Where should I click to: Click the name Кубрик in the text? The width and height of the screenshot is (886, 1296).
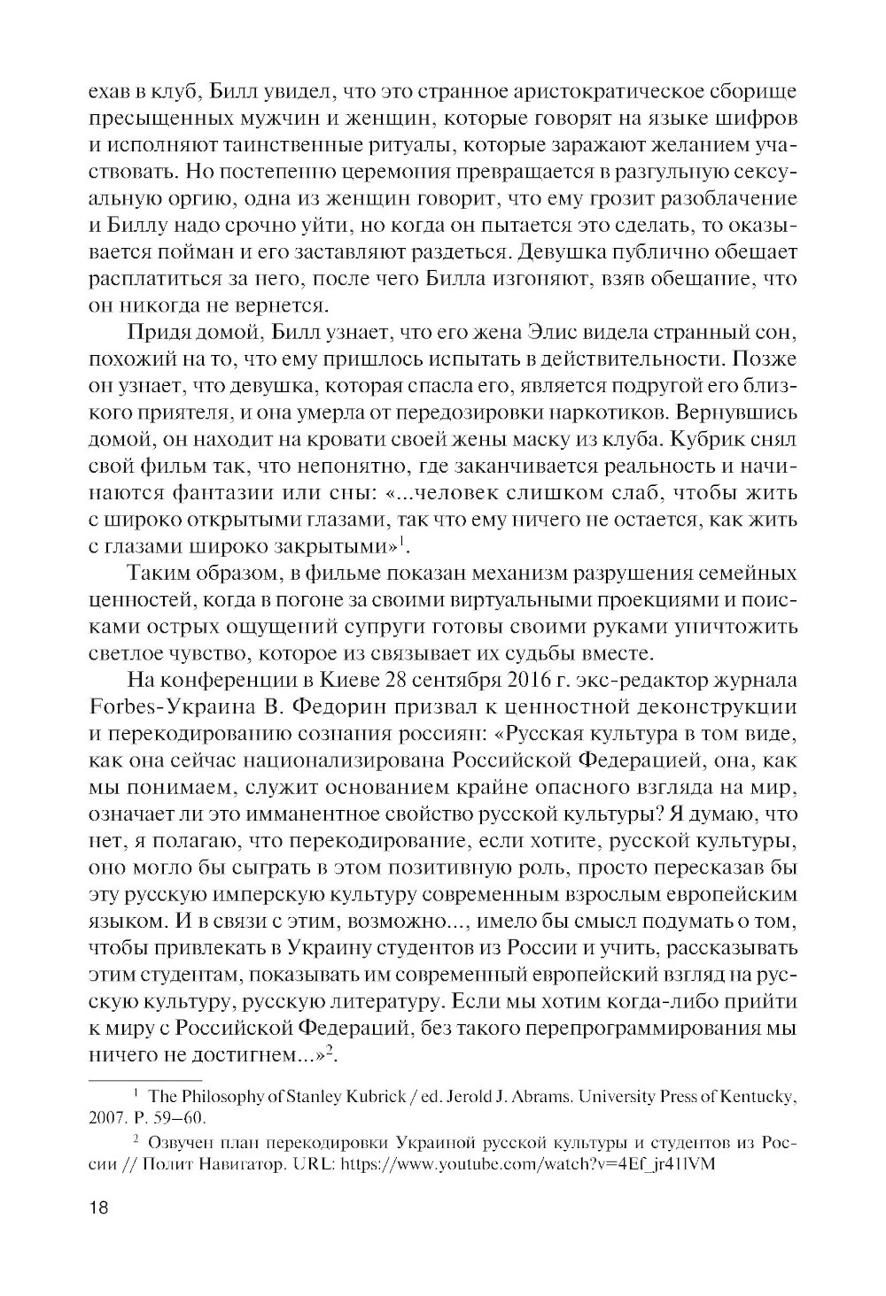point(709,439)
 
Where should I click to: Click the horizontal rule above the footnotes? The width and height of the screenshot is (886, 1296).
point(146,1079)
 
